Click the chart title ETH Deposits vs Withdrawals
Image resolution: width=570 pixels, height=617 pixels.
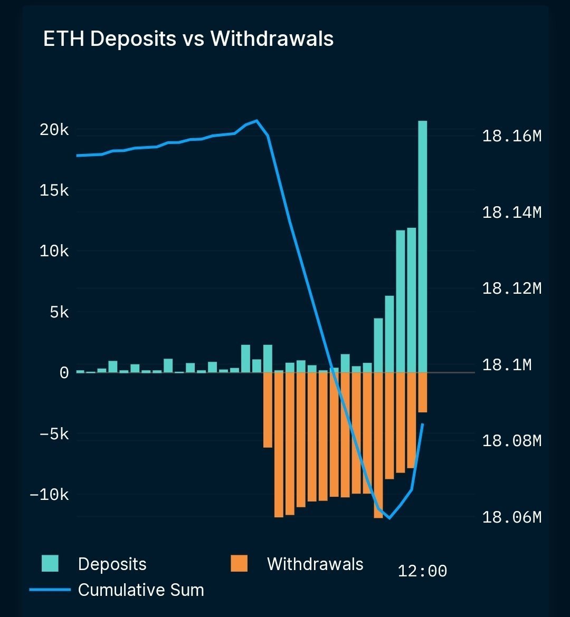coord(188,40)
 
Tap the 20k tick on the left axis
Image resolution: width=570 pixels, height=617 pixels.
coord(54,130)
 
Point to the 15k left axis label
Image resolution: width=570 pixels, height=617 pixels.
coord(54,190)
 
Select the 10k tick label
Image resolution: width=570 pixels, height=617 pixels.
coord(54,252)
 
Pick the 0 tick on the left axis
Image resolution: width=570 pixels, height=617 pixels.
coord(64,373)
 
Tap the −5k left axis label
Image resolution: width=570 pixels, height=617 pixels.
coord(54,434)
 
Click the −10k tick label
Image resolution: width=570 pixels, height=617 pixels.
coord(49,495)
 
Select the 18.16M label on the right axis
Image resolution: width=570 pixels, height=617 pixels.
coord(511,137)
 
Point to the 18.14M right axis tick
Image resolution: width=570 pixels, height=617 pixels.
coord(511,213)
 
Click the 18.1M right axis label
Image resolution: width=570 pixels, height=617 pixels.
coord(507,364)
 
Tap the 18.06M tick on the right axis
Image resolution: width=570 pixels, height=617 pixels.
coord(511,517)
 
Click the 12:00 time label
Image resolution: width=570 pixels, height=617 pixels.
coord(422,571)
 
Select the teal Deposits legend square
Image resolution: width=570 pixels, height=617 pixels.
coord(50,564)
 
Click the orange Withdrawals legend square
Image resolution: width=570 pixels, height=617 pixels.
coord(239,564)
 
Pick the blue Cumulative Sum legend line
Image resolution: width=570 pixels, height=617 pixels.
coord(50,590)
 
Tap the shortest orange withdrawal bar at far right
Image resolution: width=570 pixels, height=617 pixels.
coord(423,393)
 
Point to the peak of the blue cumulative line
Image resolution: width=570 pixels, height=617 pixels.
coord(256,121)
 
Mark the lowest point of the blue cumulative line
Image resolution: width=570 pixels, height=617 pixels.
coord(389,518)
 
